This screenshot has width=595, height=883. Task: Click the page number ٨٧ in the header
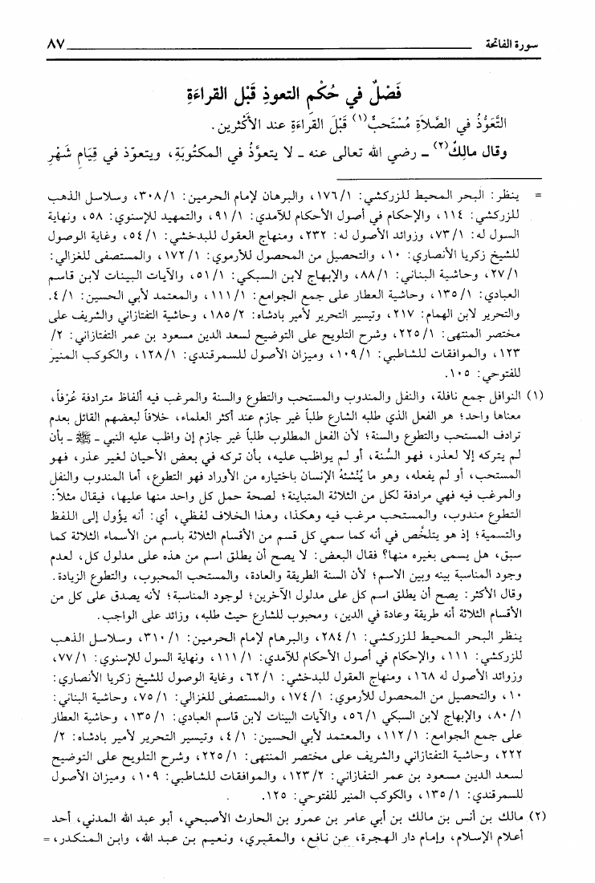coord(42,42)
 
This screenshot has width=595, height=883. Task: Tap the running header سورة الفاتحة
coord(534,42)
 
